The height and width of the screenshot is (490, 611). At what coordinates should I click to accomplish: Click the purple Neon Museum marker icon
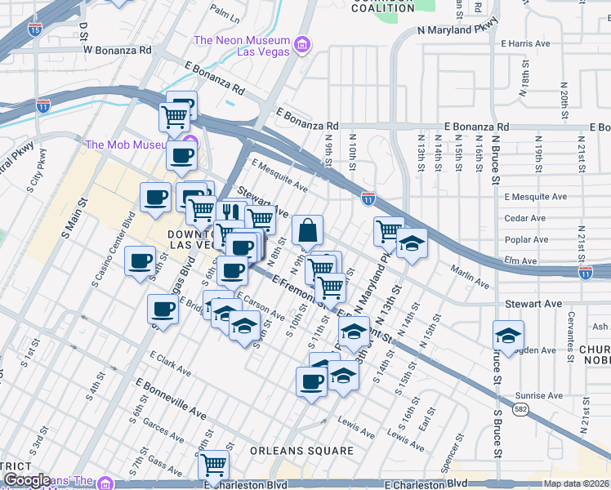pyautogui.click(x=302, y=42)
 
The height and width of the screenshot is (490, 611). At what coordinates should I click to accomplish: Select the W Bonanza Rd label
pyautogui.click(x=118, y=49)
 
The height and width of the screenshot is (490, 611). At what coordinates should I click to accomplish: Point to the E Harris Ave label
pyautogui.click(x=525, y=43)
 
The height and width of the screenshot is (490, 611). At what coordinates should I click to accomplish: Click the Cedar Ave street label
pyautogui.click(x=525, y=218)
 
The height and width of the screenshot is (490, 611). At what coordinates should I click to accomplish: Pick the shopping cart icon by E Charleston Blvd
pyautogui.click(x=213, y=465)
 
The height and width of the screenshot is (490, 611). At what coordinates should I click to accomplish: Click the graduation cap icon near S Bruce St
pyautogui.click(x=508, y=335)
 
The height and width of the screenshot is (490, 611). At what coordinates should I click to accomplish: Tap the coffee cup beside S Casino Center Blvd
pyautogui.click(x=140, y=261)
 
